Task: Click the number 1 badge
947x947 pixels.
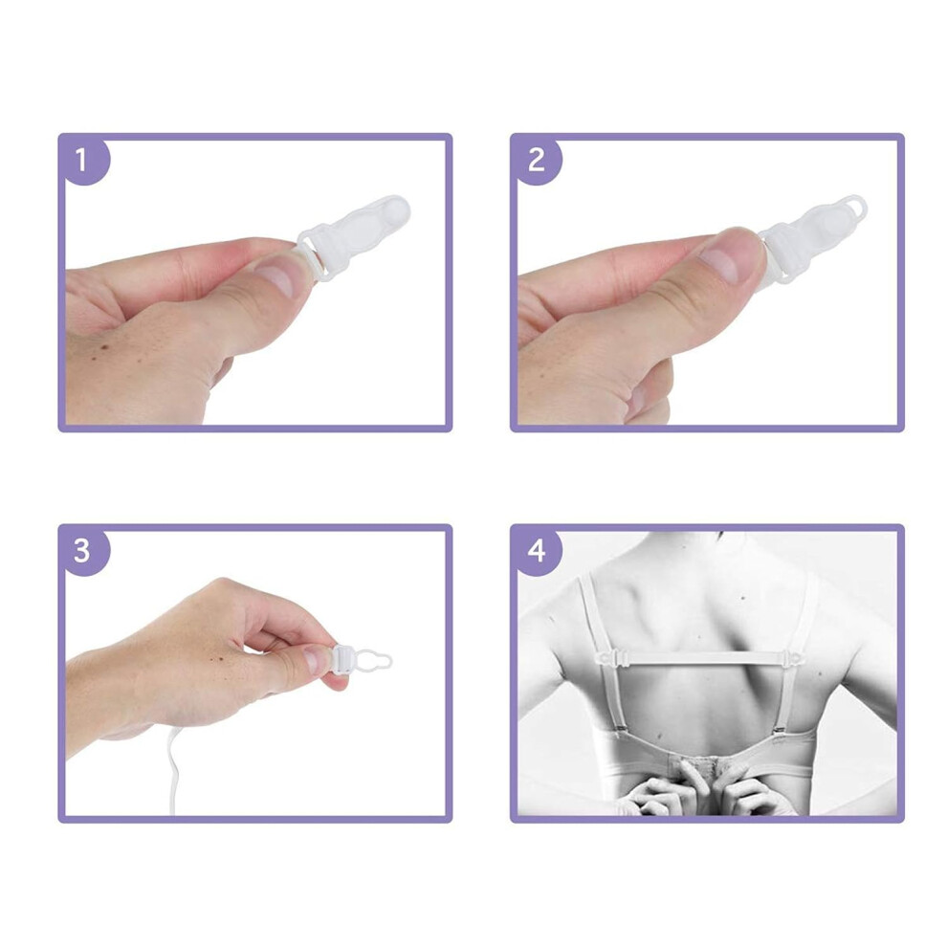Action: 82,160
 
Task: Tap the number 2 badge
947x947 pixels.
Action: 536,160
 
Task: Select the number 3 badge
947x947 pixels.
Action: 82,551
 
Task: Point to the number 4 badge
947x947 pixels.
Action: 536,551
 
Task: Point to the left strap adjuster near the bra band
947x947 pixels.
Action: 617,732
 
